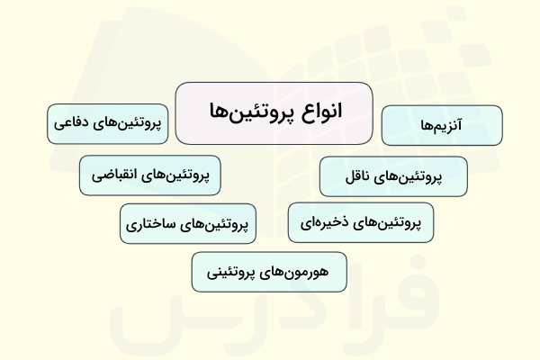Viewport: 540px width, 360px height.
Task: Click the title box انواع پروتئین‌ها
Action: coord(274,113)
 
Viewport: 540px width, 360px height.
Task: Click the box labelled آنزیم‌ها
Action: coord(441,125)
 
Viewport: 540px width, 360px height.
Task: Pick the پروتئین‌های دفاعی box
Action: coord(109,124)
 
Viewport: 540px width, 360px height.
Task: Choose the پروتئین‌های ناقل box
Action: coord(393,176)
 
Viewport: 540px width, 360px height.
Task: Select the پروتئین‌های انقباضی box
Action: coord(149,175)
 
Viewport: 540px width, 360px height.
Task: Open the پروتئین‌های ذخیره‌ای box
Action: coord(360,222)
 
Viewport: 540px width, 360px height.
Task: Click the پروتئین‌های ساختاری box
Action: coord(188,223)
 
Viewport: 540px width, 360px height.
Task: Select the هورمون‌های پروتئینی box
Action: coord(270,272)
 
